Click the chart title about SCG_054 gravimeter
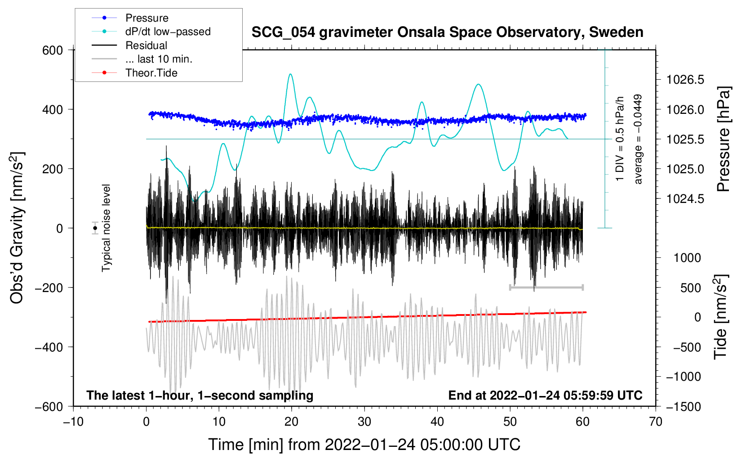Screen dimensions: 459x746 click(x=447, y=32)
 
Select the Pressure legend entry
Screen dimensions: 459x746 click(x=147, y=18)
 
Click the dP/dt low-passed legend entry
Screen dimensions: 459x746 click(x=168, y=31)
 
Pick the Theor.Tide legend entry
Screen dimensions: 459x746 click(x=151, y=73)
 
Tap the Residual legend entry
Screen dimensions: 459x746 click(x=146, y=45)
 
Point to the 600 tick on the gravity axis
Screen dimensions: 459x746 click(x=53, y=50)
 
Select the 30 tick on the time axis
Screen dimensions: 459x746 click(x=364, y=422)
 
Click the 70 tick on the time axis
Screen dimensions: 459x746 click(x=656, y=422)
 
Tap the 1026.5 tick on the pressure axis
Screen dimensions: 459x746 click(x=685, y=80)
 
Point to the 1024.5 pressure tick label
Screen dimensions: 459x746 click(x=685, y=199)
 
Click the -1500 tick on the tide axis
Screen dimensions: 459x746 click(x=683, y=406)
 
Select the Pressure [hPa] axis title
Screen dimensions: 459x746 click(x=724, y=139)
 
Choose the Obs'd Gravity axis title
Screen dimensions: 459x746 click(x=17, y=228)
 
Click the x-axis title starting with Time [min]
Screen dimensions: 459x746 click(x=364, y=445)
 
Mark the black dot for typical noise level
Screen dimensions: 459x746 click(x=95, y=228)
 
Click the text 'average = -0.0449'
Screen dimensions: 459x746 click(x=638, y=139)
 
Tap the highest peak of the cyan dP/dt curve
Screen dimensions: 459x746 click(x=291, y=74)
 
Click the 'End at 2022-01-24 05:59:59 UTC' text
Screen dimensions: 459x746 click(x=545, y=395)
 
